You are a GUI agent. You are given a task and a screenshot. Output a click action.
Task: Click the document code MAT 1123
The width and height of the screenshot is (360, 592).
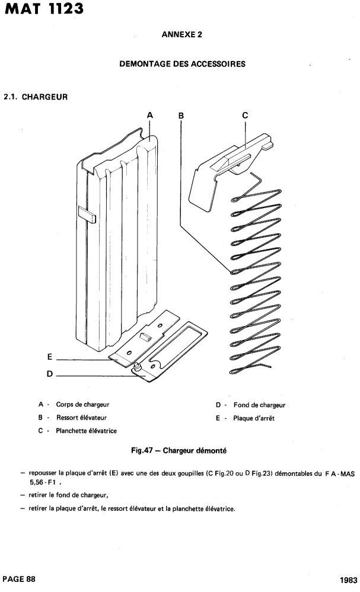tap(39, 10)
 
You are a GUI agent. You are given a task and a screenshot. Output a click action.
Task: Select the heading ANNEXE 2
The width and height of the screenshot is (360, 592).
tap(181, 35)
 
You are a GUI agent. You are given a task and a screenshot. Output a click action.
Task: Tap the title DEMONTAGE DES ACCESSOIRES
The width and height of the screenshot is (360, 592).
tap(182, 63)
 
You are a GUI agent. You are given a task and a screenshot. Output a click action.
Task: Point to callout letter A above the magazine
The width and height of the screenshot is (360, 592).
tap(150, 116)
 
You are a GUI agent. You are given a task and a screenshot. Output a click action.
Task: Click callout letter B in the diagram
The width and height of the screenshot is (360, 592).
tap(181, 116)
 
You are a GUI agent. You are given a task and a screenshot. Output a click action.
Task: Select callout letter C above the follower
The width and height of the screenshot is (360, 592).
tap(245, 116)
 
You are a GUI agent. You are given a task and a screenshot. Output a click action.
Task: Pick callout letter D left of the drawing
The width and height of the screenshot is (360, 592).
tap(50, 374)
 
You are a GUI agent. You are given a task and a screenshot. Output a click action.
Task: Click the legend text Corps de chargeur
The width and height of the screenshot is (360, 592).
tap(82, 405)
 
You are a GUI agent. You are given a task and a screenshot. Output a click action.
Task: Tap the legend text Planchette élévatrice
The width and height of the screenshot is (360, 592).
tap(86, 431)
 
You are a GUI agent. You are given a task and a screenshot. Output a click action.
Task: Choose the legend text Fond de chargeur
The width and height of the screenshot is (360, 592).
tap(259, 405)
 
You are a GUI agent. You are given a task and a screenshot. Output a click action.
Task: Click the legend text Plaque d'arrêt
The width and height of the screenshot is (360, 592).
tap(254, 418)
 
